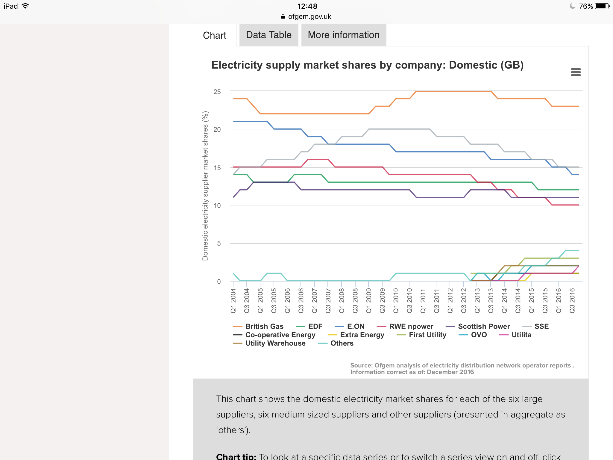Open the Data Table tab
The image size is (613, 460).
(268, 35)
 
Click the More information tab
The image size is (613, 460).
(344, 35)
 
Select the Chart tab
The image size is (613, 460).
(214, 35)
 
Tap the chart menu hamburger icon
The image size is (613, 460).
(576, 72)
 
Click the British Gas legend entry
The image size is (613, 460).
(264, 326)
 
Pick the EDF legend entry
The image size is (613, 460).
(315, 326)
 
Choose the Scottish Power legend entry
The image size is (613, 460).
(484, 326)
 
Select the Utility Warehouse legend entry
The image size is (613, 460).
(275, 343)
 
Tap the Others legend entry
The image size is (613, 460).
(342, 343)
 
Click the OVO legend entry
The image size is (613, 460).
(479, 335)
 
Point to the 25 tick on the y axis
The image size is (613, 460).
(217, 92)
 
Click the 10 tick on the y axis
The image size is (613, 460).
(217, 206)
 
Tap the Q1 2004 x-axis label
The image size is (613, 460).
(233, 301)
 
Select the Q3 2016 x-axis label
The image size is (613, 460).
(572, 301)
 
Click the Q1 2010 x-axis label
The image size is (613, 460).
(396, 301)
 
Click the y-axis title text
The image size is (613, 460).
(205, 186)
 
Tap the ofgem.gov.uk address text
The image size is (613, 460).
(309, 16)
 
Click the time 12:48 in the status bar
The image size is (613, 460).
(307, 6)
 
